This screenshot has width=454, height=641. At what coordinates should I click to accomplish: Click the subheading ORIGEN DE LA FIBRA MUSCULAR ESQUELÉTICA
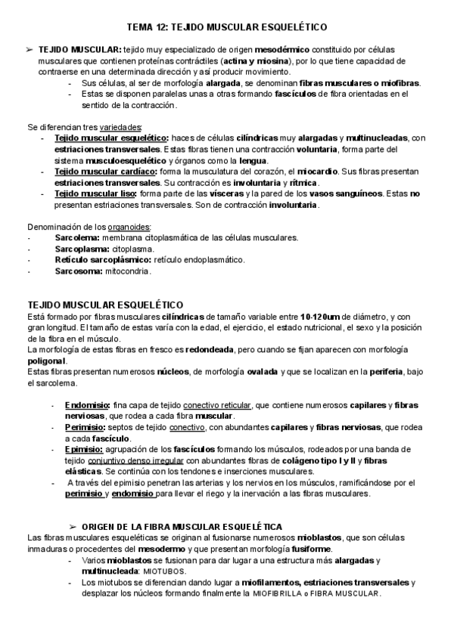click(182, 526)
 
